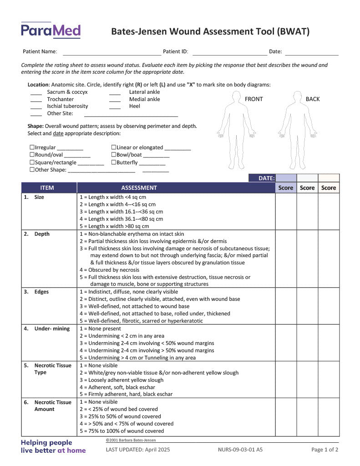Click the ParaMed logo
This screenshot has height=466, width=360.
(x=51, y=30)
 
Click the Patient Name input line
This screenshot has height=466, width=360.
(x=112, y=52)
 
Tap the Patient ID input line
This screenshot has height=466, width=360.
(x=229, y=52)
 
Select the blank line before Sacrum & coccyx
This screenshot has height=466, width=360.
(x=36, y=92)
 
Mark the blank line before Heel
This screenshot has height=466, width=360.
(x=115, y=107)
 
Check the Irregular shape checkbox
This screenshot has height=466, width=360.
(x=32, y=147)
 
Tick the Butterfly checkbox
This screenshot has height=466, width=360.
(x=114, y=162)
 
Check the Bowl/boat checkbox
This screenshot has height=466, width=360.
(x=114, y=155)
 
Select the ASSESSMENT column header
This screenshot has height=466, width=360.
(x=139, y=187)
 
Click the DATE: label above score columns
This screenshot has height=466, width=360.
(x=266, y=178)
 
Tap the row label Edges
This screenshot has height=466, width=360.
(x=41, y=292)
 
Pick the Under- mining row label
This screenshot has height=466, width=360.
(x=52, y=329)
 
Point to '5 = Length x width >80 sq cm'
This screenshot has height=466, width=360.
(x=114, y=226)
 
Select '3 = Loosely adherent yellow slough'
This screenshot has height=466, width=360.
(x=122, y=380)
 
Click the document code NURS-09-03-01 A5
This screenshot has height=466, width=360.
(x=240, y=450)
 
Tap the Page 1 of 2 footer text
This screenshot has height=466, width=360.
(x=325, y=450)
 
